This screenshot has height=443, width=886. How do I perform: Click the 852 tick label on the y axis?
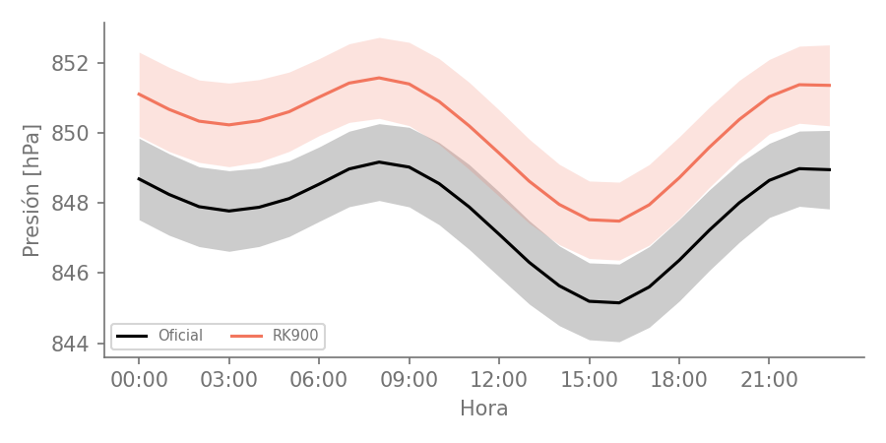[x=71, y=63]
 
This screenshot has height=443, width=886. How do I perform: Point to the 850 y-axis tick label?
[x=71, y=133]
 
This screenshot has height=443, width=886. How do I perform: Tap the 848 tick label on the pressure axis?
[x=71, y=204]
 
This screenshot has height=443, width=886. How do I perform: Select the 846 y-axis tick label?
[x=71, y=274]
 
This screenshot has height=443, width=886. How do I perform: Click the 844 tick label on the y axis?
[x=71, y=344]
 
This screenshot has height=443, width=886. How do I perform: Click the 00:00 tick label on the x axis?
[x=139, y=380]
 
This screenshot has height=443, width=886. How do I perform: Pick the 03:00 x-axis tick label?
[x=228, y=380]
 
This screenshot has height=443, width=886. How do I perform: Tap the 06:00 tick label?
[x=319, y=380]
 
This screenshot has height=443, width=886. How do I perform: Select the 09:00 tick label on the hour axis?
[x=410, y=380]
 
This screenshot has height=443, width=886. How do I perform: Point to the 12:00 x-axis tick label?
[x=499, y=380]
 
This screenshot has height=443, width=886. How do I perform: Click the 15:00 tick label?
[x=590, y=380]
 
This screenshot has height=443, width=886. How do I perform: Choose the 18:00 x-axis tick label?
[x=679, y=380]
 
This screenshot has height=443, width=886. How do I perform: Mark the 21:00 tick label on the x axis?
[x=769, y=380]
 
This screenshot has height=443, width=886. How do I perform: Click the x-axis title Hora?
[x=484, y=408]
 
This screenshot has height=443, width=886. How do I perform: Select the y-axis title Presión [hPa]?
[x=32, y=190]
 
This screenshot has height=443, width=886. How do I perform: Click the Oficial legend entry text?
[x=180, y=336]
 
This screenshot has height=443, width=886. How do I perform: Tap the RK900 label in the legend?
[x=295, y=336]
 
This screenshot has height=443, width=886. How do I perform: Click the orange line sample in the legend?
[x=246, y=337]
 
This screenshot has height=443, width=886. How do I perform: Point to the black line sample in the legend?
[x=132, y=337]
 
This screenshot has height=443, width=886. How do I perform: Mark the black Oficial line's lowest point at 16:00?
[x=619, y=303]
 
